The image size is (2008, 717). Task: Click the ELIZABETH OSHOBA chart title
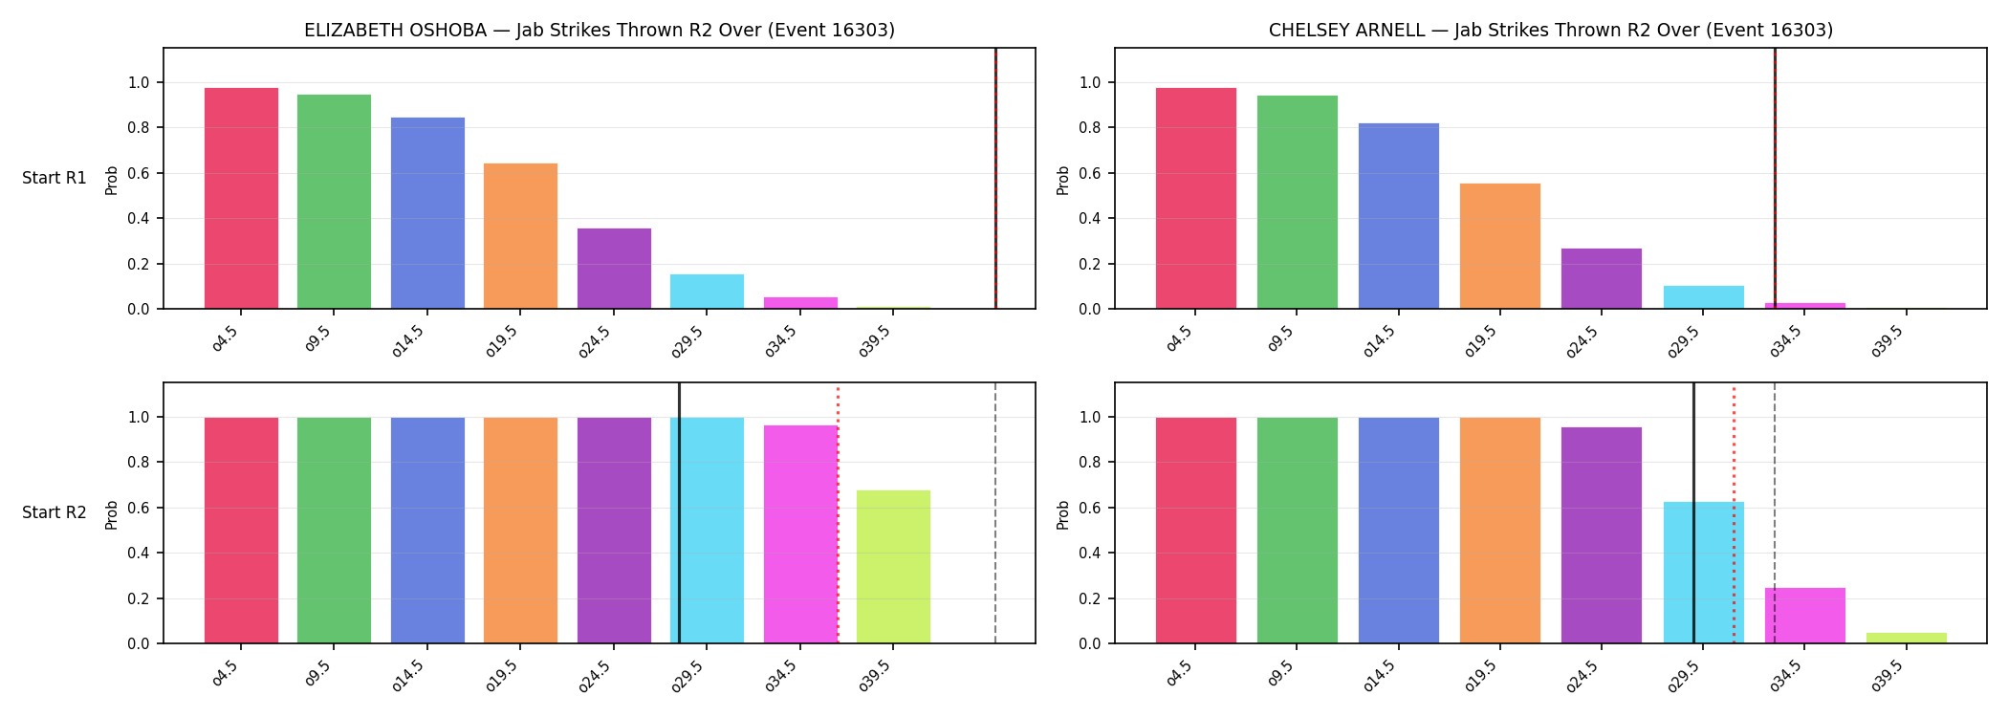pyautogui.click(x=600, y=31)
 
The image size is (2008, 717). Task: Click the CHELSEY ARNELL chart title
pyautogui.click(x=1551, y=31)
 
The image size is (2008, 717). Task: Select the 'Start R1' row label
pyautogui.click(x=55, y=179)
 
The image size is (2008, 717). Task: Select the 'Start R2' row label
pyautogui.click(x=55, y=513)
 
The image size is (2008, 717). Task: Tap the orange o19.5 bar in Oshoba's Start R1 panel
pyautogui.click(x=520, y=236)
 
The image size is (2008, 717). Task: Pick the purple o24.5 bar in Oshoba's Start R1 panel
pyautogui.click(x=614, y=269)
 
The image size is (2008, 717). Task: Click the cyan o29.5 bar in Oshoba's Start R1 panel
pyautogui.click(x=707, y=292)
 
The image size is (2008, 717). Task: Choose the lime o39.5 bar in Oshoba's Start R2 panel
pyautogui.click(x=893, y=567)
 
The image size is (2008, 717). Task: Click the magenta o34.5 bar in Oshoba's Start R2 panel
pyautogui.click(x=800, y=534)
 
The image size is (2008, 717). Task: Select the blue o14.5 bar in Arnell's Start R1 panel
pyautogui.click(x=1399, y=216)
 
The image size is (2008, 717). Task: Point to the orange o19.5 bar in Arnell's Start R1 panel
pyautogui.click(x=1500, y=246)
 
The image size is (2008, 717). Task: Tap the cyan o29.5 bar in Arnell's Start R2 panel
pyautogui.click(x=1704, y=573)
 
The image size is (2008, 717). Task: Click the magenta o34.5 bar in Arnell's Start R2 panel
pyautogui.click(x=1805, y=616)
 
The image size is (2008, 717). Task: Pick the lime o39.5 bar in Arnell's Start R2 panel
pyautogui.click(x=1907, y=638)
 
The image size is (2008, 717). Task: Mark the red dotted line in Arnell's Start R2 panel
pyautogui.click(x=1734, y=515)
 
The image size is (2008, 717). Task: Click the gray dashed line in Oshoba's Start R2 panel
pyautogui.click(x=995, y=513)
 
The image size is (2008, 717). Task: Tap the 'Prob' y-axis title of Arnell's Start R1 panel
pyautogui.click(x=1063, y=180)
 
